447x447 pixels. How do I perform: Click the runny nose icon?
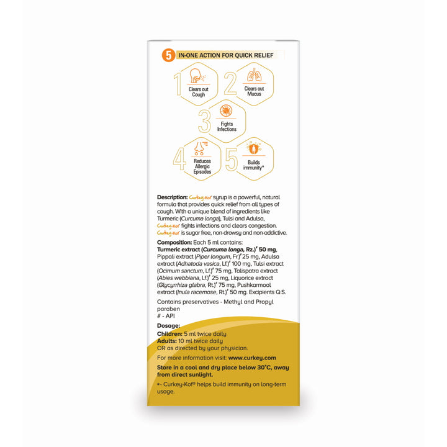[x=197, y=148]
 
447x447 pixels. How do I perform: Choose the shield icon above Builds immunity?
[x=253, y=149]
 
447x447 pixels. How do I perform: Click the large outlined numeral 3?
[x=204, y=121]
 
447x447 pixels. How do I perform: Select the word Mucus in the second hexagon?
[x=254, y=94]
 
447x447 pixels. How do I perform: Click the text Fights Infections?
[x=227, y=127]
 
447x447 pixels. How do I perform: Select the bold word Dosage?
[x=169, y=325]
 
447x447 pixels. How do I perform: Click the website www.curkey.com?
[x=251, y=358]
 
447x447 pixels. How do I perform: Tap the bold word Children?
[x=169, y=333]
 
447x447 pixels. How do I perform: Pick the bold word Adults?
[x=166, y=341]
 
